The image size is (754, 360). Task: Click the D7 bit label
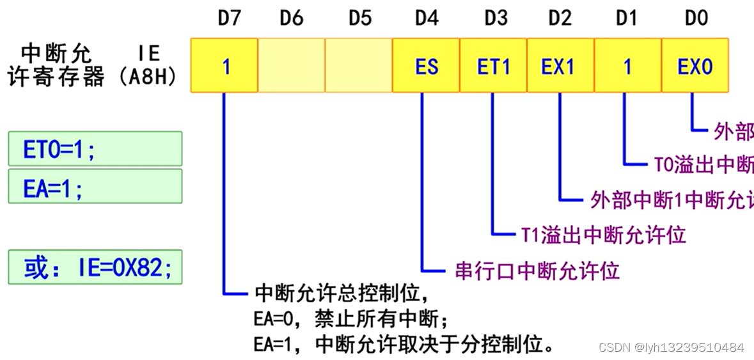click(x=229, y=18)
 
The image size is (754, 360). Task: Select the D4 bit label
click(x=427, y=18)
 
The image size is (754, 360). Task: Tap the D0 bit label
click(x=696, y=18)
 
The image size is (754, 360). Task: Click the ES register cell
click(x=427, y=66)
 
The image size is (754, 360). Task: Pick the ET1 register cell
click(x=494, y=66)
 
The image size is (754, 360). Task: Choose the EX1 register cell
click(x=560, y=66)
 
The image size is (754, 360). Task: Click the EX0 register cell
click(x=695, y=66)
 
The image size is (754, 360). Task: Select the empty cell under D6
click(x=292, y=66)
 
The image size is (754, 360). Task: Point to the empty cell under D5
click(x=359, y=66)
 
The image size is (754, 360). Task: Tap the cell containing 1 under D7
click(x=224, y=66)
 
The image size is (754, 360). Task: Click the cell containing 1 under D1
click(x=628, y=66)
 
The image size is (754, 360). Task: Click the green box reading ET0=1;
click(x=95, y=149)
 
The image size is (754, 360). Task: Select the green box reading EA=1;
click(x=95, y=186)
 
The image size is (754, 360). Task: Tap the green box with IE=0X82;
click(x=95, y=267)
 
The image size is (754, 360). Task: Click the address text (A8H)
click(x=148, y=78)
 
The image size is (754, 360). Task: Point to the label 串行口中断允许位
click(x=537, y=270)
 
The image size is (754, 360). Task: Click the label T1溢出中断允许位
click(x=603, y=235)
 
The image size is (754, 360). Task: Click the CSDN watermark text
click(x=671, y=347)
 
